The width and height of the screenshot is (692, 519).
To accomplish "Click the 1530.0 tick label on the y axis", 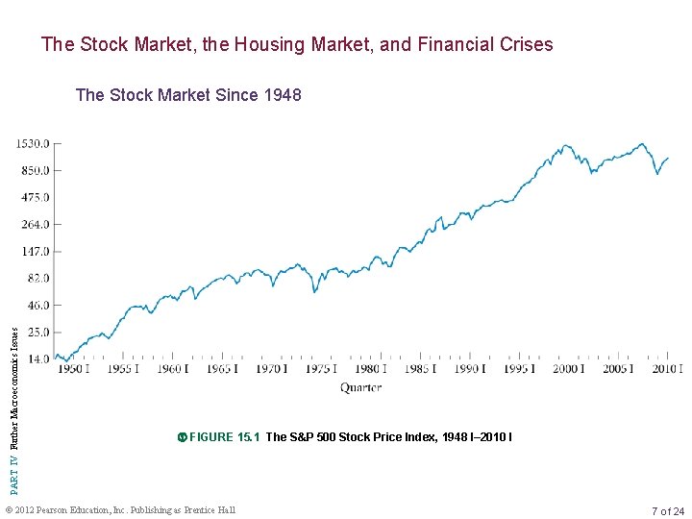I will click(x=31, y=144).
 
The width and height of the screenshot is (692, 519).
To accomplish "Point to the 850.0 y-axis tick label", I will click(x=33, y=171).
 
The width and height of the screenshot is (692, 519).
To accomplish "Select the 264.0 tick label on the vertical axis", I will click(x=33, y=225).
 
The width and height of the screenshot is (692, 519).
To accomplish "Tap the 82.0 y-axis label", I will click(x=36, y=279).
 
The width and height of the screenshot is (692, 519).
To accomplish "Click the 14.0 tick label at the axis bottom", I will click(x=36, y=358).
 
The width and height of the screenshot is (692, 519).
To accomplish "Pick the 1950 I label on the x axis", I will click(x=71, y=369).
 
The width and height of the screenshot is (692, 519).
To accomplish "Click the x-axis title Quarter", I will click(x=360, y=388).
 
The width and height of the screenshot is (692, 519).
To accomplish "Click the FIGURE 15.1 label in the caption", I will click(x=225, y=437).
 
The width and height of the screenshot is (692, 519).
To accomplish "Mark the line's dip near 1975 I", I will click(x=314, y=292).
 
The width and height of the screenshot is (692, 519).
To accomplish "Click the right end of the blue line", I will click(x=668, y=158).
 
